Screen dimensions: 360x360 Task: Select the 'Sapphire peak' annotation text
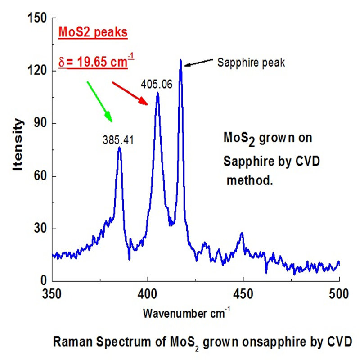251,63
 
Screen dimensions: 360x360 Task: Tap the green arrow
99,101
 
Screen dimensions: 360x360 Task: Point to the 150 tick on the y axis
37,18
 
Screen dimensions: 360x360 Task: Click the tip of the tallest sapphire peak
180,59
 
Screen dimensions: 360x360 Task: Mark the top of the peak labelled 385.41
119,147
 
